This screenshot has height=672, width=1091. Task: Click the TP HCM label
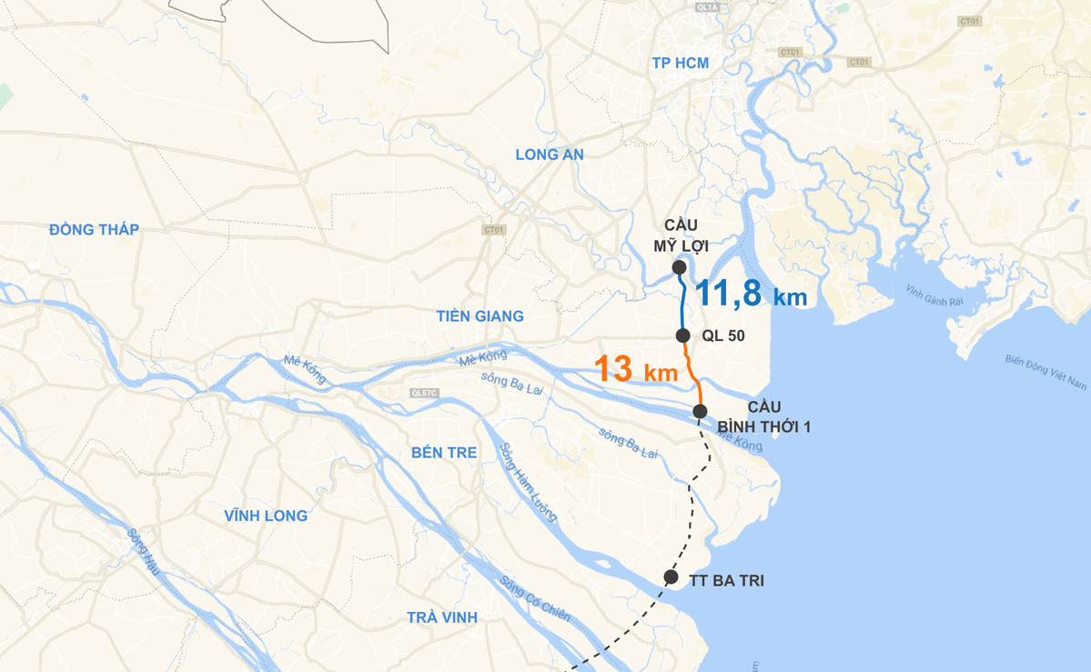[x=680, y=63]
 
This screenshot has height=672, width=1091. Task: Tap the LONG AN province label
[x=550, y=155]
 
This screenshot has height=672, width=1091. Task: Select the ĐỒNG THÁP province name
[x=95, y=230]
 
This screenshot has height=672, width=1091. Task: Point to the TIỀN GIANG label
[x=480, y=316]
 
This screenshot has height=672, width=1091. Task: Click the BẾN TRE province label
[x=444, y=453]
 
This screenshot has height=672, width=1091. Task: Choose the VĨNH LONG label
[x=266, y=516]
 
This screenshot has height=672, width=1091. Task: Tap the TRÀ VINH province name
[x=442, y=617]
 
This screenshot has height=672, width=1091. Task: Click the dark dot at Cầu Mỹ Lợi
[x=679, y=266]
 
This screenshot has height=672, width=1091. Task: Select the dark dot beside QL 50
[x=683, y=336]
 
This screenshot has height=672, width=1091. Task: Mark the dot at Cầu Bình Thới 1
[x=700, y=412]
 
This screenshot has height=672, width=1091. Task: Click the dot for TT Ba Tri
[x=671, y=577]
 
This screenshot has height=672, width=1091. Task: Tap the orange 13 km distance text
[x=636, y=370]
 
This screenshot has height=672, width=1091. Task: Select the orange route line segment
[x=692, y=373]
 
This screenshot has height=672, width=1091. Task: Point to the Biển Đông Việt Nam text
[x=1046, y=372]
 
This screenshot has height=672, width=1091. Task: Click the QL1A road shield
[x=707, y=7]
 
